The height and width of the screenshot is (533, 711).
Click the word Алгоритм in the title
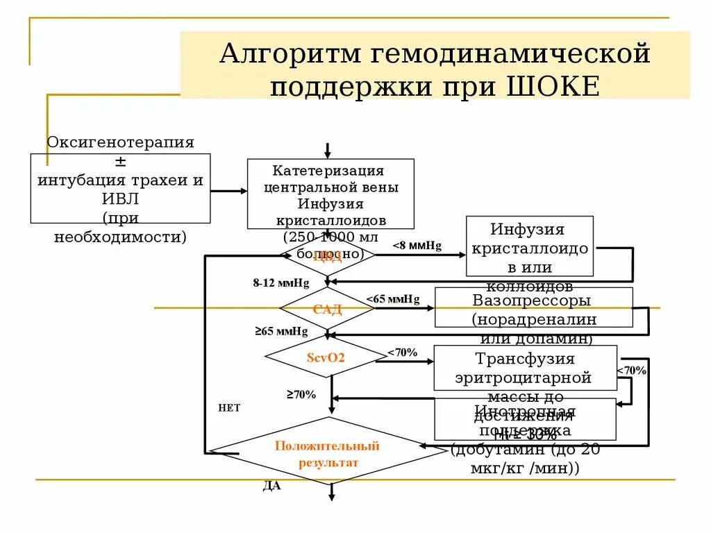283,54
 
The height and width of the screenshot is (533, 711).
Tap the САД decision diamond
327,309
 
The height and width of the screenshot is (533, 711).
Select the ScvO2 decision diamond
326,358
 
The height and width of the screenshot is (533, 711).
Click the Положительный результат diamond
328,454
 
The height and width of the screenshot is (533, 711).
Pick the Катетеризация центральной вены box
331,194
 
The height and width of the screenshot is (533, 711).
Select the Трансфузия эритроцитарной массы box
525,368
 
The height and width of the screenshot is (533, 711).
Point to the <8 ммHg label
417,246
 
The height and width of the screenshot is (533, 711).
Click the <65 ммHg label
393,299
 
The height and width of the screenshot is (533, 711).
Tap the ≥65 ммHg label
281,332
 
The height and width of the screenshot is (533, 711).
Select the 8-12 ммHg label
281,282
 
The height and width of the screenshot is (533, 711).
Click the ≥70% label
301,395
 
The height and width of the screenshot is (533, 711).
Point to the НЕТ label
229,408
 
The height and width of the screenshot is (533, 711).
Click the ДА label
271,486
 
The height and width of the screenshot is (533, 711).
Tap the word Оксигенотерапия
120,142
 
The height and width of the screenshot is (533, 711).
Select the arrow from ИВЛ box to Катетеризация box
228,191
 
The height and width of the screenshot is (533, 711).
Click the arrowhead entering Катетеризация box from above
328,153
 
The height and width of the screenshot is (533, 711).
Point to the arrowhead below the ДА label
332,496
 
